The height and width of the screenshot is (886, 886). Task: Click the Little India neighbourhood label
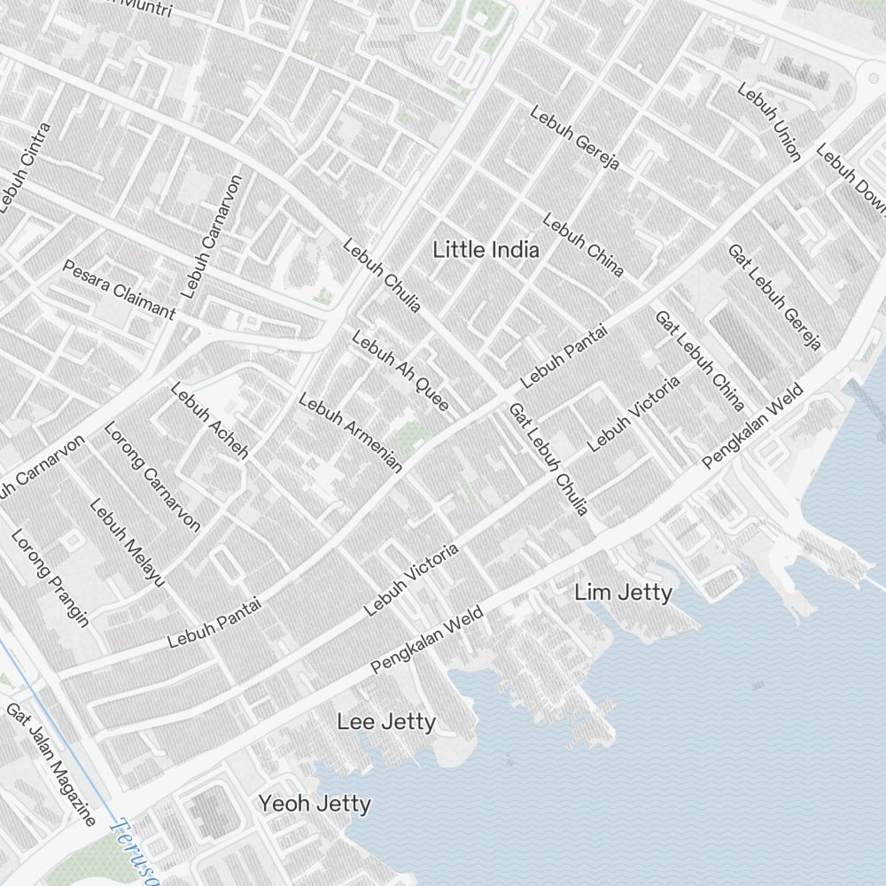pos(486,250)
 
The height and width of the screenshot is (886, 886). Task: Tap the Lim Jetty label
pos(623,592)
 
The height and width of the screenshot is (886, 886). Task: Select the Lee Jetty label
pos(386,722)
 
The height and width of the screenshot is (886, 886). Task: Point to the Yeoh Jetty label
pos(315,804)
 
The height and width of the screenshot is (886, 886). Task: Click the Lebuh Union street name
pos(768,122)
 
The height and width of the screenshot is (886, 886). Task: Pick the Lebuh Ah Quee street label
pos(400,370)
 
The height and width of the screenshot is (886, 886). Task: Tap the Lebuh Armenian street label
pos(350,432)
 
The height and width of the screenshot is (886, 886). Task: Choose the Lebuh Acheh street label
pos(208,419)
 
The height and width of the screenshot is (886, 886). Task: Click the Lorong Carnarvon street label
pos(152,476)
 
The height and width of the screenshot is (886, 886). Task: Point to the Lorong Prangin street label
pos(50,578)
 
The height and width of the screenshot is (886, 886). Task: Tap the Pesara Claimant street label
pos(119,289)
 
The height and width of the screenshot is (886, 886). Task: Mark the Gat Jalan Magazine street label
pos(51,764)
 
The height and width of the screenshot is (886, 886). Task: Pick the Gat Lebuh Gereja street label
pos(774,297)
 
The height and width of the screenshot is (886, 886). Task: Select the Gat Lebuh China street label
pos(698,360)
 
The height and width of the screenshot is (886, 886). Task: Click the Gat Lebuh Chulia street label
pos(548,459)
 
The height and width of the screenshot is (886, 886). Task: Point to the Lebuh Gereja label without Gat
pos(574,138)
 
